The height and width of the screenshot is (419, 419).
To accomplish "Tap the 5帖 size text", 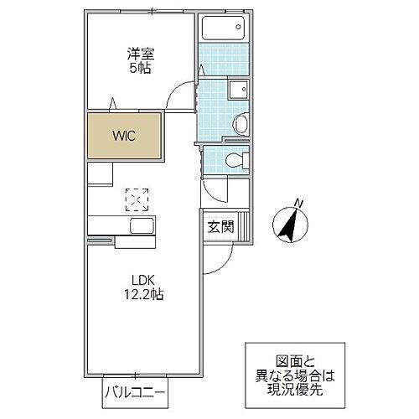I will pyautogui.click(x=140, y=70).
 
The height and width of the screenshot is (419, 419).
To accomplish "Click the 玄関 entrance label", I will pyautogui.click(x=221, y=225).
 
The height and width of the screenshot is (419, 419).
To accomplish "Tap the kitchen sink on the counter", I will pyautogui.click(x=140, y=226).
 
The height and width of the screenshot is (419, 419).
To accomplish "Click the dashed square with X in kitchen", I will pyautogui.click(x=137, y=199).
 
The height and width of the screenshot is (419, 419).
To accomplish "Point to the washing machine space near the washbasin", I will pyautogui.click(x=237, y=90).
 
